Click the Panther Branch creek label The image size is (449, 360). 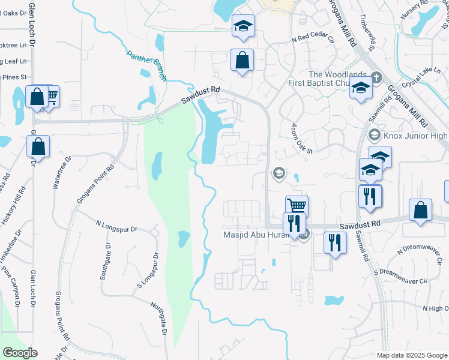(x=146, y=65)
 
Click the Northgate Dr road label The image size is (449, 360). (x=158, y=318)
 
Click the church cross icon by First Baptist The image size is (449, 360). (x=376, y=77)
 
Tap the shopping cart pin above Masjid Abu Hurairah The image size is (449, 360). (x=297, y=206)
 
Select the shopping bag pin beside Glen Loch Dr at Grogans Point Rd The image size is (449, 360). (x=38, y=146)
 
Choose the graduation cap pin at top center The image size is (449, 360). (x=243, y=26)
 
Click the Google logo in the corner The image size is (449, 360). (x=20, y=353)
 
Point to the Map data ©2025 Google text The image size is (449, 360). (x=412, y=355)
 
